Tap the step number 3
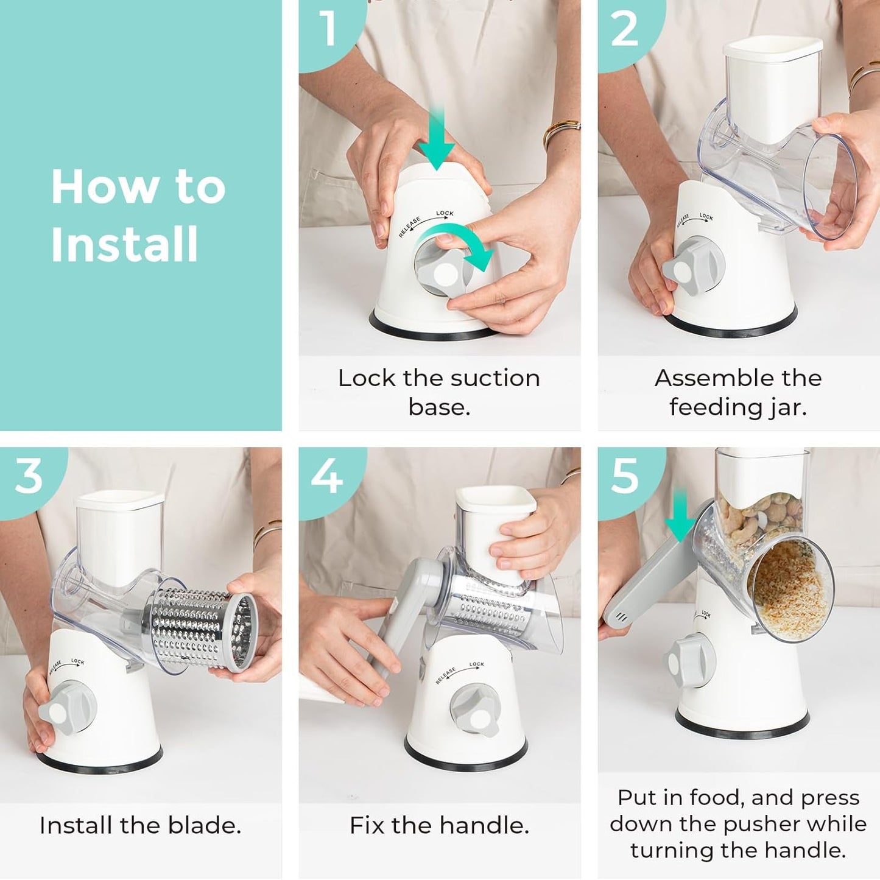click(28, 476)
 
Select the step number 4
click(326, 476)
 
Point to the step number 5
click(626, 476)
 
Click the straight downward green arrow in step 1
click(437, 139)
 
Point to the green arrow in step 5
click(681, 515)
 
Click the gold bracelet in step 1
click(561, 130)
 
